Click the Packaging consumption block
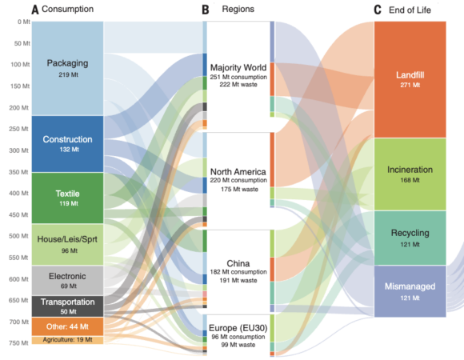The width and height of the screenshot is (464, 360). coord(67,68)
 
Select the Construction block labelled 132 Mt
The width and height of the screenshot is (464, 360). coord(67,144)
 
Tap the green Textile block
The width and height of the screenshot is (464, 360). coord(67,198)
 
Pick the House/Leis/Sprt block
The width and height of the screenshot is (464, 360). coord(67,244)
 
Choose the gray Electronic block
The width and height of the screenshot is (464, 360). coord(67,281)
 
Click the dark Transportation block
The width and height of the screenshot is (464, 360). coord(67,306)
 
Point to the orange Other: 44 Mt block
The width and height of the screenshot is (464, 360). coord(67,326)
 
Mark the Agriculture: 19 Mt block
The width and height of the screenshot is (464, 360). coord(67,340)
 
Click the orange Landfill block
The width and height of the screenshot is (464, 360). coord(410,79)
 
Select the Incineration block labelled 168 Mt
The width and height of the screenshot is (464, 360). coord(410,174)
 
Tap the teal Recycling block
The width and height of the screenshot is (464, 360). coord(410,238)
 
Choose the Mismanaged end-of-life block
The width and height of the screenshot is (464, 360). coord(410,291)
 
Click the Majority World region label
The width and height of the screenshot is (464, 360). coord(238,68)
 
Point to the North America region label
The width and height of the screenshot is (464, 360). coord(238,172)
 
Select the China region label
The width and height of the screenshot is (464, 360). coord(238,263)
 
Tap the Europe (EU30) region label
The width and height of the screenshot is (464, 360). coord(238,328)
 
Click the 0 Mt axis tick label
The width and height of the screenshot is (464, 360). coord(24,22)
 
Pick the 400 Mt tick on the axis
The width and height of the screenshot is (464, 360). coord(18,194)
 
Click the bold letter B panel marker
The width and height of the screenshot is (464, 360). coord(206,10)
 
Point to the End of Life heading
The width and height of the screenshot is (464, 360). coord(410,10)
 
